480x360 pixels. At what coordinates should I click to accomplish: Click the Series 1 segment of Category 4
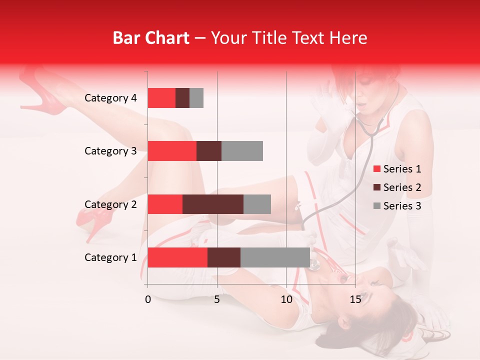(161, 98)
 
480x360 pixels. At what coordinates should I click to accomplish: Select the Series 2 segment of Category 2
(213, 204)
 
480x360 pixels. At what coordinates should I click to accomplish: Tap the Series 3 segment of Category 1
(275, 257)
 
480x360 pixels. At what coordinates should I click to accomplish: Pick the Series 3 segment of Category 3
(242, 151)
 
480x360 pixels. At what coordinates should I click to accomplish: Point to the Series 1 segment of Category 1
(177, 257)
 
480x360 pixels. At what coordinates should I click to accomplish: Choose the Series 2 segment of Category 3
(209, 151)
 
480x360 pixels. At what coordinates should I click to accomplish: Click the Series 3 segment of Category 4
(196, 98)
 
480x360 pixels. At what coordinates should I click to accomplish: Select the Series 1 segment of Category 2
(165, 204)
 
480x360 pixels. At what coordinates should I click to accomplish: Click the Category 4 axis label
(110, 98)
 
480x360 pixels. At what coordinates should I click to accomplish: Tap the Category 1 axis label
(110, 257)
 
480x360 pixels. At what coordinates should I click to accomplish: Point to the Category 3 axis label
(110, 151)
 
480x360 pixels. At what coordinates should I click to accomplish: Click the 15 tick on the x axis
(355, 299)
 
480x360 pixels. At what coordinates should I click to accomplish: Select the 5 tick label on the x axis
(217, 299)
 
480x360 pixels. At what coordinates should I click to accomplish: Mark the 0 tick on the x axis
(148, 299)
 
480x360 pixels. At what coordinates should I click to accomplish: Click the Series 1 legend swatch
(377, 169)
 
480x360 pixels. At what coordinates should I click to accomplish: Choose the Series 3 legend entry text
(402, 206)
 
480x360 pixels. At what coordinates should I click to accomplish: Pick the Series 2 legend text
(402, 187)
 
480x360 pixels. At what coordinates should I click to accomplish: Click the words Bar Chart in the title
(151, 38)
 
